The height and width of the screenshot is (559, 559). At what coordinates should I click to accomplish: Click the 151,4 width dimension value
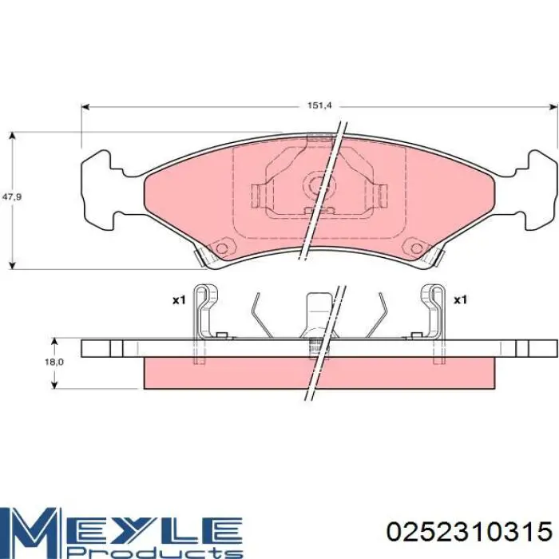(x=315, y=105)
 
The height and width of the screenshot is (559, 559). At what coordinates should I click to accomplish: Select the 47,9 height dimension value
(x=12, y=196)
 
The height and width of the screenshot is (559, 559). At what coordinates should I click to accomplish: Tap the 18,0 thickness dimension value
(x=54, y=363)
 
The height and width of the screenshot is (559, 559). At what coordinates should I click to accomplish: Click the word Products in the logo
(x=156, y=552)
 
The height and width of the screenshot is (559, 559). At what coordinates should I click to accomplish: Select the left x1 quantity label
(x=179, y=300)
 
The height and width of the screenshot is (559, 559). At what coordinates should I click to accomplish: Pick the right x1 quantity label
(x=460, y=300)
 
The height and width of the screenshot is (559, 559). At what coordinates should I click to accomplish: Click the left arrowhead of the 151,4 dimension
(x=85, y=106)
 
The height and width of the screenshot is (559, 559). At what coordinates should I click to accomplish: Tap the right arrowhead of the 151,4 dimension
(x=554, y=106)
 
